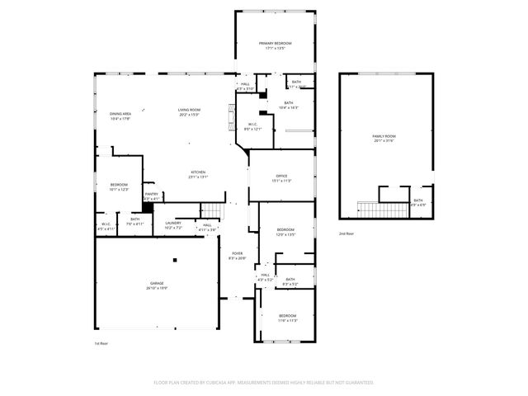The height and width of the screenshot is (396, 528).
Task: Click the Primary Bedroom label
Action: (x=275, y=43)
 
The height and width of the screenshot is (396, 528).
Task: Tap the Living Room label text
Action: (x=189, y=110)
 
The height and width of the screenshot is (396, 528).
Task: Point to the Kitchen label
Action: (x=198, y=172)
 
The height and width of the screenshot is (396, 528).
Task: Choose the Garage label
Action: (x=156, y=283)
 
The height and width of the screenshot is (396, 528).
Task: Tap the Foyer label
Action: (x=237, y=253)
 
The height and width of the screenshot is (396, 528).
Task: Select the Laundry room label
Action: (x=173, y=223)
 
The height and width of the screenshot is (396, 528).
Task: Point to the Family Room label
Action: (x=384, y=135)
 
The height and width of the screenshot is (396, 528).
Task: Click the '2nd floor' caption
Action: (x=346, y=234)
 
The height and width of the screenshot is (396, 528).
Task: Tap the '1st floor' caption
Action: (x=101, y=343)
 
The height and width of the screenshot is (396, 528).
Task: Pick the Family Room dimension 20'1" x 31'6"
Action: (x=384, y=140)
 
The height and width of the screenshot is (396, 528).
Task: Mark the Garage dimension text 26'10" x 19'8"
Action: (x=156, y=288)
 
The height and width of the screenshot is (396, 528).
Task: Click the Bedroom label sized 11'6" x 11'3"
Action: (x=287, y=316)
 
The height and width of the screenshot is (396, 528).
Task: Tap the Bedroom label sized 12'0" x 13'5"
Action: (x=285, y=229)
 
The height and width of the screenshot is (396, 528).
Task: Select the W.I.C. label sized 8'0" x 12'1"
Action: (x=252, y=125)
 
